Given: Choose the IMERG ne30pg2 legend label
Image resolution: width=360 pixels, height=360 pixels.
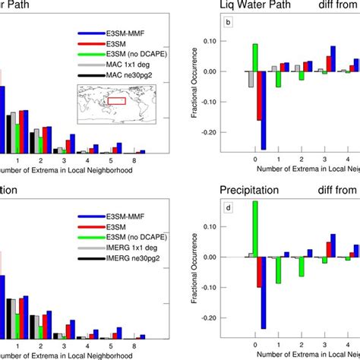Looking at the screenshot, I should tap(135, 258).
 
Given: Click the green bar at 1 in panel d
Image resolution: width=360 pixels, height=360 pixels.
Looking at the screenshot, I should tap(278, 270).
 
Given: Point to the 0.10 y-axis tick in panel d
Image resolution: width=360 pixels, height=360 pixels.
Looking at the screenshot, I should tap(231, 226).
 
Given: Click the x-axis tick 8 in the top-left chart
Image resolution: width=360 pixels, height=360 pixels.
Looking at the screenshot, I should tap(134, 161).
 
